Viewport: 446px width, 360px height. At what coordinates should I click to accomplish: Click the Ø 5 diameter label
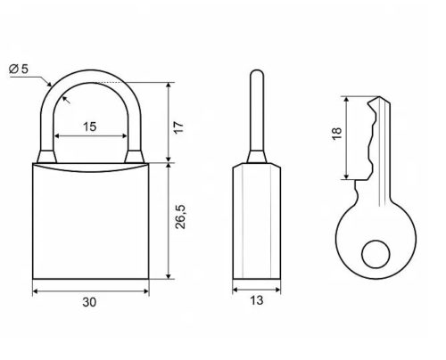click(x=18, y=69)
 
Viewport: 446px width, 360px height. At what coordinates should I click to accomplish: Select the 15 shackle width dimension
click(x=89, y=127)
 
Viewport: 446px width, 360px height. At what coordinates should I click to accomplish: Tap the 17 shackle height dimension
click(x=179, y=127)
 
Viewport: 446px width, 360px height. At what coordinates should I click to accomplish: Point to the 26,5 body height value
click(x=180, y=217)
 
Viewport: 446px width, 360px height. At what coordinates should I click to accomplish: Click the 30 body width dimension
click(x=89, y=302)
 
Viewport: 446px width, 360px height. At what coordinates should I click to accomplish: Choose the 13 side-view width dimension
click(x=256, y=300)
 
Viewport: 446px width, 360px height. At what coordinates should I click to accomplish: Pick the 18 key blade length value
click(x=337, y=134)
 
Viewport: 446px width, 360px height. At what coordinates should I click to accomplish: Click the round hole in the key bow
click(x=376, y=254)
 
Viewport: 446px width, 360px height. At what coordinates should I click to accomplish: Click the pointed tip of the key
click(x=379, y=97)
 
